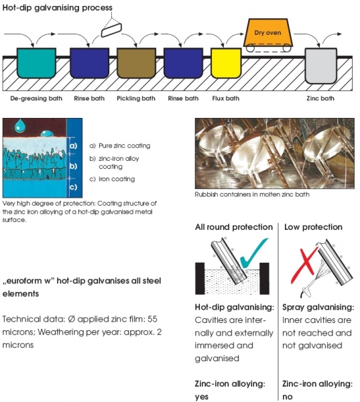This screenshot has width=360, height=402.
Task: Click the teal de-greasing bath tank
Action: [x=36, y=63]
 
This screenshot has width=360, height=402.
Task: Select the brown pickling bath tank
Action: [x=136, y=63]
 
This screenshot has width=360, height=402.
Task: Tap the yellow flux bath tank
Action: [x=226, y=63]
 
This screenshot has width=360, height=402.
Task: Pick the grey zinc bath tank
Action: [x=320, y=66]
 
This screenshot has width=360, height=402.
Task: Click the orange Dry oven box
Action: [x=268, y=33]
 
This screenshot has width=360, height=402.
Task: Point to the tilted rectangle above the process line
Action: [x=111, y=30]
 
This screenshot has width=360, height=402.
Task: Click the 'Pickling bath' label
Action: [x=136, y=98]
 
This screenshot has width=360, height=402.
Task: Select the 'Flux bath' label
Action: [x=225, y=98]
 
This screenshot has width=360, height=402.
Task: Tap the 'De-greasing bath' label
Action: [x=36, y=98]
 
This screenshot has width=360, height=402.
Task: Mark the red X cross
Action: [x=304, y=265]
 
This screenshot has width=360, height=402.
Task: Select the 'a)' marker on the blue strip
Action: [x=73, y=145]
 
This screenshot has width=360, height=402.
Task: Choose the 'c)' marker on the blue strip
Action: [x=73, y=187]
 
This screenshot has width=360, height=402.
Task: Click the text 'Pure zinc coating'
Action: [x=125, y=145]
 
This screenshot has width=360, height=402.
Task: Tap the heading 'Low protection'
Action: [x=313, y=227]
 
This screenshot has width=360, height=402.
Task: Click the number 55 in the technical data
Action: [x=152, y=319]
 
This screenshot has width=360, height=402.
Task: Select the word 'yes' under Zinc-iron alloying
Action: [x=202, y=397]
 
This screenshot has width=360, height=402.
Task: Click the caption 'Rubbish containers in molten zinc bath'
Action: [x=252, y=194]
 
